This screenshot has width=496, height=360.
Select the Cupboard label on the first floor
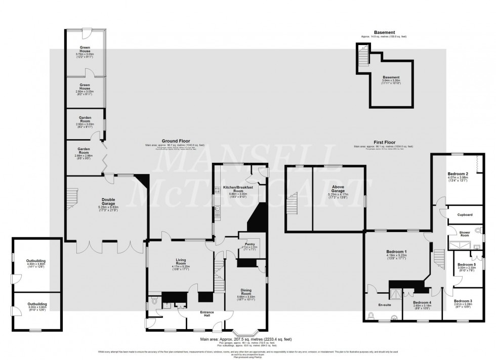point(465,215)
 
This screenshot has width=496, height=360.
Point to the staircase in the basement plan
point(363,53)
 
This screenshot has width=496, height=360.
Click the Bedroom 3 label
point(464,301)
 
